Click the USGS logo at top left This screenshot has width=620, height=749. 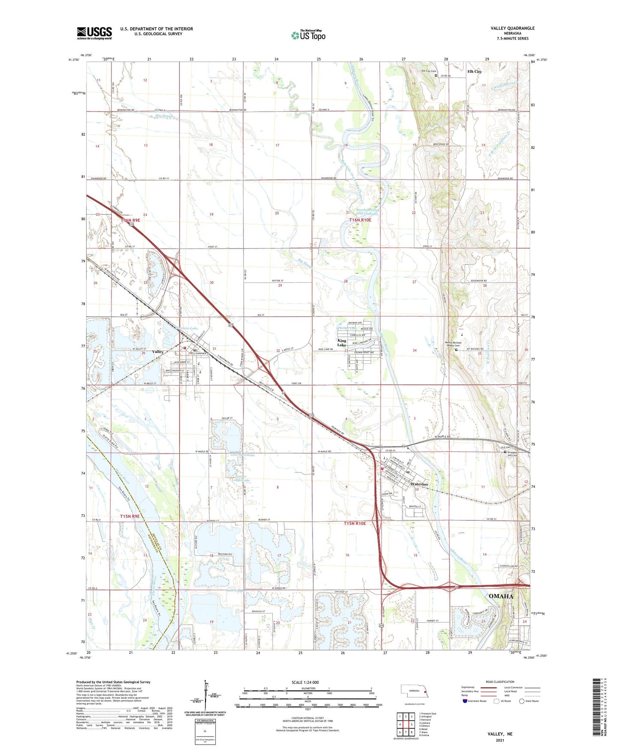[x=94, y=33]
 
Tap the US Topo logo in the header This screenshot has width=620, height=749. [x=308, y=35]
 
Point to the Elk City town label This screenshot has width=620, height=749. [x=474, y=72]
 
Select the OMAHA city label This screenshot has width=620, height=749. [x=501, y=596]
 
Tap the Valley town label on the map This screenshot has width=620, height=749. [x=158, y=351]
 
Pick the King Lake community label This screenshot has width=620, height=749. [x=342, y=342]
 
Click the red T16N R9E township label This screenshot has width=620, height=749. [x=130, y=220]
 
